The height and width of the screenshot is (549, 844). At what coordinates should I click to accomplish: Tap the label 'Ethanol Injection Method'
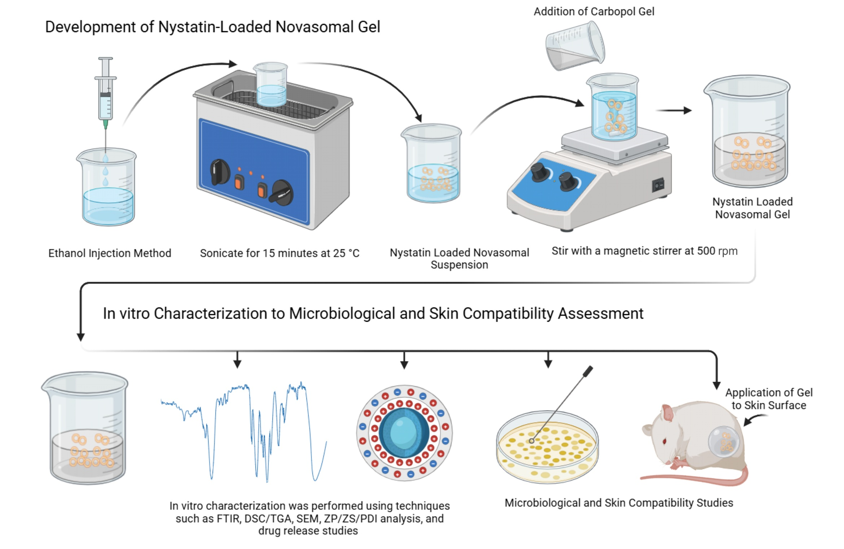click(110, 253)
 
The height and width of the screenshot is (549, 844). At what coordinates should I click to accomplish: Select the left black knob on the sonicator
click(220, 171)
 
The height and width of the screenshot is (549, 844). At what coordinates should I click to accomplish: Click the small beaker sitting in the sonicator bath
click(270, 85)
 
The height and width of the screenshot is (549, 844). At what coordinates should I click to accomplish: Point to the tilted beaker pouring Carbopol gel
click(575, 46)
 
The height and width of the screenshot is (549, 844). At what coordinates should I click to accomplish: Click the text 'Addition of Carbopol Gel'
click(594, 12)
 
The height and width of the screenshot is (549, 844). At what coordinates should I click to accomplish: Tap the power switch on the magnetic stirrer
click(658, 185)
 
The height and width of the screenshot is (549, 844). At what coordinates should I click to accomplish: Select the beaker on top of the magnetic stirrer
click(613, 108)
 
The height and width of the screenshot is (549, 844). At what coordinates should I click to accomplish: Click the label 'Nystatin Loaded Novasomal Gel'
click(752, 208)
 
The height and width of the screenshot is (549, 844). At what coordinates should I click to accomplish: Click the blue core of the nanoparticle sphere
click(403, 432)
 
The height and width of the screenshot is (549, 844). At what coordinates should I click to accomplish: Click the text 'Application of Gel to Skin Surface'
click(769, 399)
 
